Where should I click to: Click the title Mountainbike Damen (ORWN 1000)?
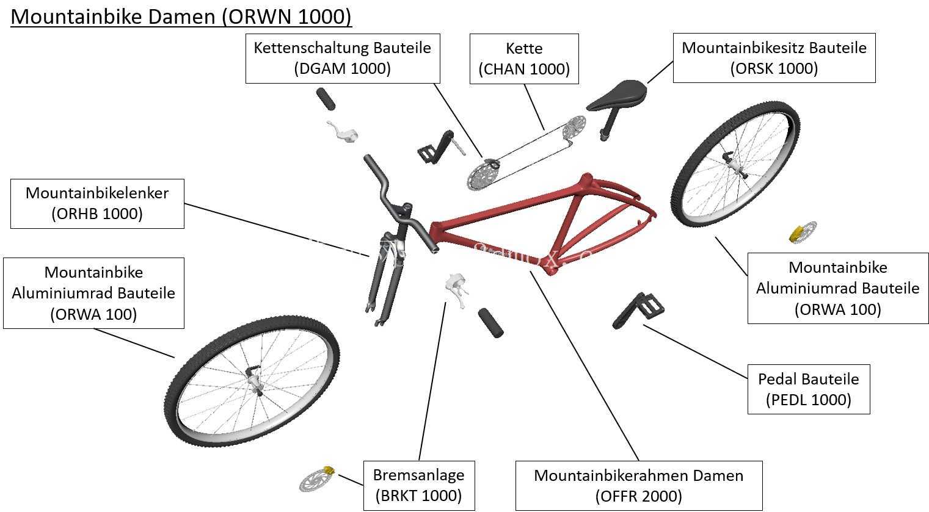click(x=181, y=16)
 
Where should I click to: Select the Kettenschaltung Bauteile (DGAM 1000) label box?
click(x=343, y=59)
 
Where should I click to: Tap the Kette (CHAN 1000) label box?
click(x=524, y=59)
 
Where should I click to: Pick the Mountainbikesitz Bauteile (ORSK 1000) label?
click(x=774, y=58)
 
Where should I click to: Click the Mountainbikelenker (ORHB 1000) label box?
click(x=97, y=203)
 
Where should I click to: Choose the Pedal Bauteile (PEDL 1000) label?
click(x=808, y=389)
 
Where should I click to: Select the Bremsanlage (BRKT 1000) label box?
click(x=419, y=486)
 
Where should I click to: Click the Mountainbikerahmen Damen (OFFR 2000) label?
click(x=639, y=486)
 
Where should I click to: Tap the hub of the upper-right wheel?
click(x=734, y=165)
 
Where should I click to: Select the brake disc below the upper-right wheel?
click(x=803, y=233)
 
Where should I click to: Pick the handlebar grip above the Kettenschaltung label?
click(x=326, y=99)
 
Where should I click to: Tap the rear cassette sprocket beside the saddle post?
click(x=574, y=127)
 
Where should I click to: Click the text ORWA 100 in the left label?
click(x=93, y=314)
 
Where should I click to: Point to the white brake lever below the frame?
click(x=456, y=289)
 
